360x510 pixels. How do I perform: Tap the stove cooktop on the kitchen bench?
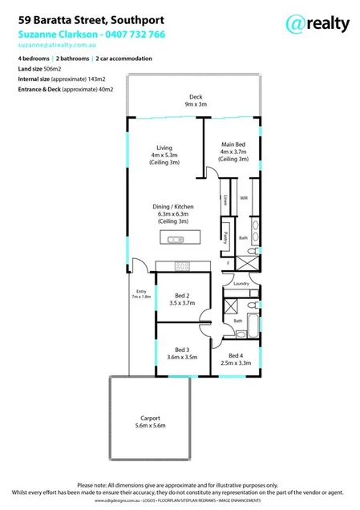tap(182, 267)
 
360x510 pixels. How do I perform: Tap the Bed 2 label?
tap(182, 297)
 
